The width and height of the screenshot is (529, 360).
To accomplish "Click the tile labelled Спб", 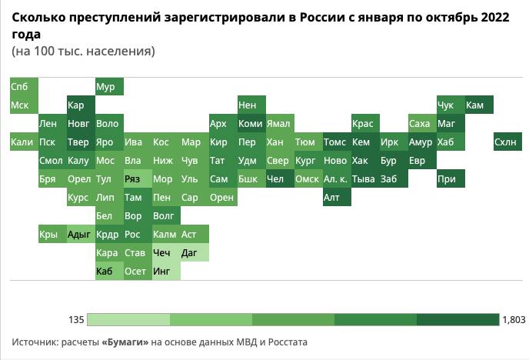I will [x=23, y=86].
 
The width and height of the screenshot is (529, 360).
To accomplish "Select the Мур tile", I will [x=108, y=86].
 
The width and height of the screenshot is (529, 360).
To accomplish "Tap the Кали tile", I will [x=23, y=142].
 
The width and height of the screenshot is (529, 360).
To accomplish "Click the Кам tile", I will [x=478, y=105].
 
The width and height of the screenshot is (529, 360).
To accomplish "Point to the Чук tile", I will [x=450, y=105].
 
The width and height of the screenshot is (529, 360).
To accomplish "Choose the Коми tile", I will [x=251, y=123].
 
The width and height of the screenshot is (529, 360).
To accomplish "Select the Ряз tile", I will [x=137, y=178].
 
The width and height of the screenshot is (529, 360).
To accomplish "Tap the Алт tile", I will [x=336, y=198].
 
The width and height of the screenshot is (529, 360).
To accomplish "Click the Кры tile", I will [x=52, y=235].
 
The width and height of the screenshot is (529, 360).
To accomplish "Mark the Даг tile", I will [x=194, y=252].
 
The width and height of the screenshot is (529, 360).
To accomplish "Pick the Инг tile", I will [x=165, y=271].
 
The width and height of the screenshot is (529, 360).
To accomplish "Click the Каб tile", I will [x=108, y=271].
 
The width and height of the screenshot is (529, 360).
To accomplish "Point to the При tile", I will [x=450, y=178].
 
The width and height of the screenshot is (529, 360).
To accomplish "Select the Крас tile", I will [x=364, y=123].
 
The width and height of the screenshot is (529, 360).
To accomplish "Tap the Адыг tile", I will [x=80, y=235].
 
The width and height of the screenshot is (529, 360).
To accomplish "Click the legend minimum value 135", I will [x=75, y=319].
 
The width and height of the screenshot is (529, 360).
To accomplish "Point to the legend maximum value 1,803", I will [x=513, y=319].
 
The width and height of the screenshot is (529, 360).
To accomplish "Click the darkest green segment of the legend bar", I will [x=458, y=319].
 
